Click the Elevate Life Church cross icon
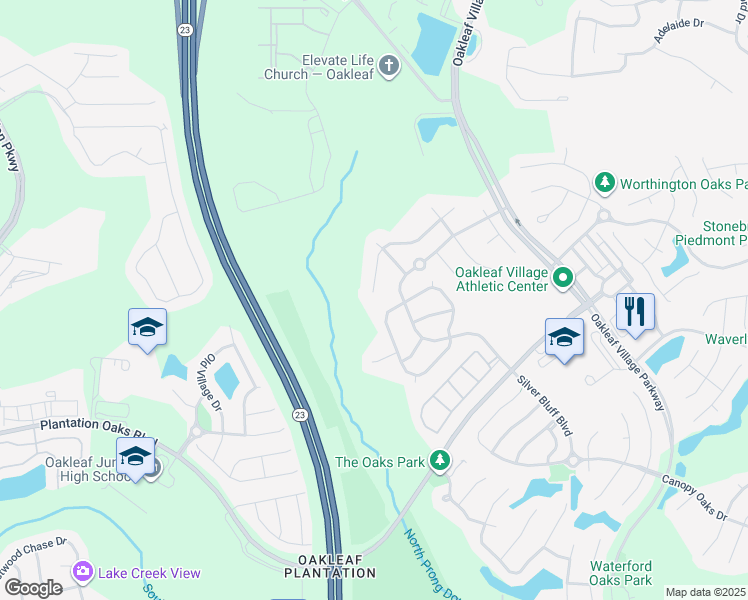[389, 66]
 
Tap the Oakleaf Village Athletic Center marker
[562, 279]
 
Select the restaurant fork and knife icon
[635, 311]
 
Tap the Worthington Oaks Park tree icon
[604, 183]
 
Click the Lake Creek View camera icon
[82, 572]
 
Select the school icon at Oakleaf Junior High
[135, 457]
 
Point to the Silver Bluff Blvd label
[545, 405]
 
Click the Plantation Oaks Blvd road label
[98, 425]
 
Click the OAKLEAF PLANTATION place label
[329, 566]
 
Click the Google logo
[34, 588]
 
